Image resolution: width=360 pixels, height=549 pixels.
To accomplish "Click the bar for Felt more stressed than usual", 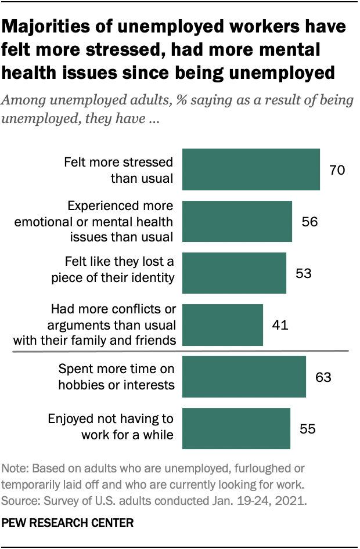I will (x=251, y=169).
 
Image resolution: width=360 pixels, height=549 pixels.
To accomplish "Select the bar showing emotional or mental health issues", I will (x=237, y=221).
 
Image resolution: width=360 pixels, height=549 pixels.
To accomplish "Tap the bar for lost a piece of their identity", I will (x=234, y=273).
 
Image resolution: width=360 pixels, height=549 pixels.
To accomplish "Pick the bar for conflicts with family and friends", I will (x=222, y=325).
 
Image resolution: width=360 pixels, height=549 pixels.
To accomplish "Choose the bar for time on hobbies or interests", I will (x=244, y=377).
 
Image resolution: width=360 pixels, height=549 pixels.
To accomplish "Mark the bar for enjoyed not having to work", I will (x=236, y=429).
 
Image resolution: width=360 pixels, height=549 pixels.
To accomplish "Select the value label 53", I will (x=303, y=273).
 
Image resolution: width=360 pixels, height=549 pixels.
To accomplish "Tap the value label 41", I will (x=280, y=325).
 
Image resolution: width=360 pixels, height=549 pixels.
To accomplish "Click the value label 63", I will (x=323, y=377).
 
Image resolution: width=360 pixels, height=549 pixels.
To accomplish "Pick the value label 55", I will (x=307, y=429).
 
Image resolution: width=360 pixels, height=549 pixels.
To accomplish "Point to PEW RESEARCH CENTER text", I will (x=68, y=522).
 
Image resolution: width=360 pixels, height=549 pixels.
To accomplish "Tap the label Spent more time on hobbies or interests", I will (x=117, y=377).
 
